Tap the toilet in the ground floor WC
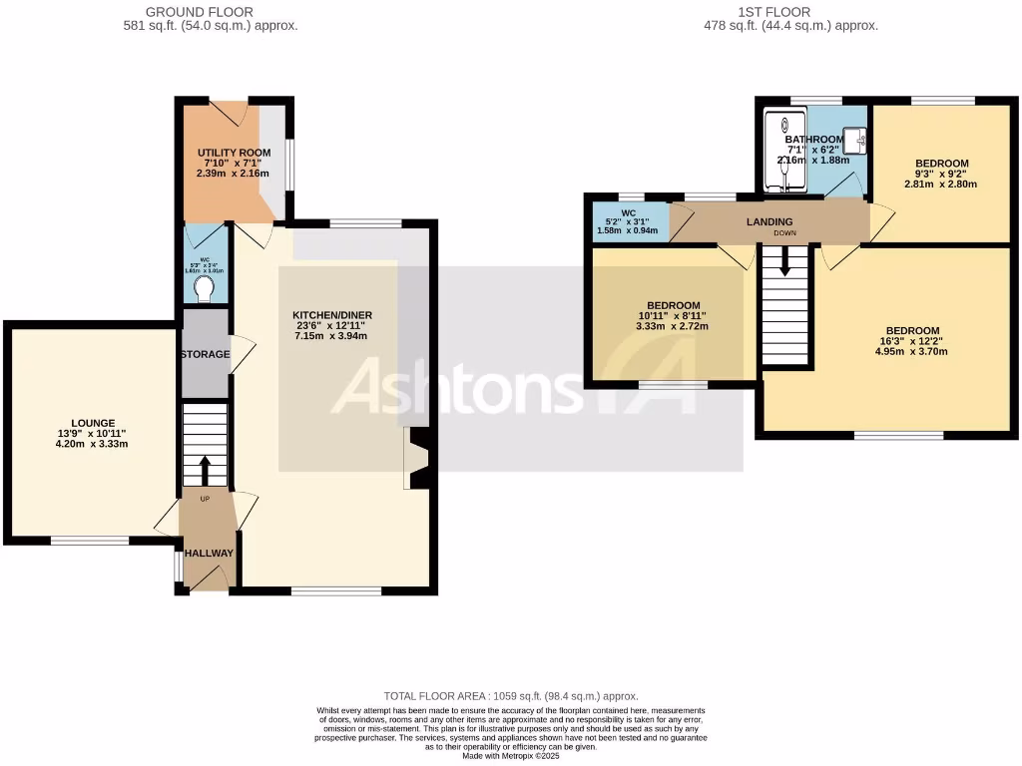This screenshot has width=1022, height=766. point(205,288)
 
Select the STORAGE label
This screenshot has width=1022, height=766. point(205,354)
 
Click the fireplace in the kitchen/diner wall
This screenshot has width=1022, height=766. point(416,459)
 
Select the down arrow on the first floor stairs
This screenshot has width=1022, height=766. point(784,262)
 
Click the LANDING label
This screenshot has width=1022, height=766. point(769,221)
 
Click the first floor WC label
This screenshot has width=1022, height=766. point(629,211)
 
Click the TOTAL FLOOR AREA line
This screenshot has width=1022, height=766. point(511,696)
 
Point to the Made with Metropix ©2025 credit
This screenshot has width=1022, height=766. point(511,756)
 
